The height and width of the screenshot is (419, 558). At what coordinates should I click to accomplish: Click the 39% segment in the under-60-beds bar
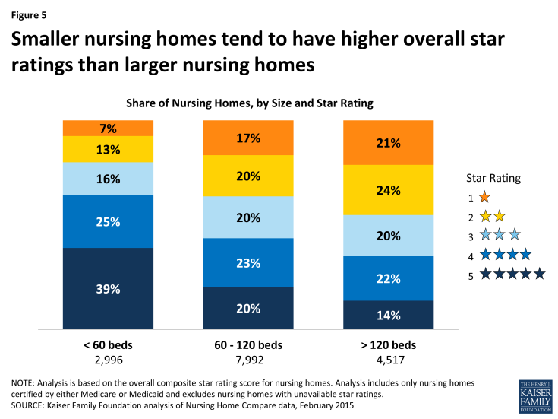pyautogui.click(x=108, y=290)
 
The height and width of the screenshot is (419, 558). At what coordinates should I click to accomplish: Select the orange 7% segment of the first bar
pyautogui.click(x=108, y=128)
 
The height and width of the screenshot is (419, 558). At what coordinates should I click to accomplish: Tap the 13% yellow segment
pyautogui.click(x=108, y=149)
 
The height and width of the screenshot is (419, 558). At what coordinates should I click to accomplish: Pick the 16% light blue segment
pyautogui.click(x=108, y=178)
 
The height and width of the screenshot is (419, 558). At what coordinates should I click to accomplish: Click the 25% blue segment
pyautogui.click(x=108, y=221)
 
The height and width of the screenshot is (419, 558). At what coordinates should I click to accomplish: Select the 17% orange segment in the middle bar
pyautogui.click(x=247, y=138)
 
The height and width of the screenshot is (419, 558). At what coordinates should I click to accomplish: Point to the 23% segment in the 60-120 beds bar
pyautogui.click(x=247, y=262)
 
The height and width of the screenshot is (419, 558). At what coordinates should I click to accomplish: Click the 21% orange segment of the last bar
pyautogui.click(x=388, y=142)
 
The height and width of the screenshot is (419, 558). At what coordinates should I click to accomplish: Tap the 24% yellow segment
pyautogui.click(x=388, y=190)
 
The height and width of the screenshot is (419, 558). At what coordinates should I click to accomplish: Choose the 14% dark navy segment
pyautogui.click(x=388, y=316)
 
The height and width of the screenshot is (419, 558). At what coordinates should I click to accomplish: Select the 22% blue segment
pyautogui.click(x=388, y=278)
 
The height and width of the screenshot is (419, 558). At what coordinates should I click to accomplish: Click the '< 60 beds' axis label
pyautogui.click(x=108, y=344)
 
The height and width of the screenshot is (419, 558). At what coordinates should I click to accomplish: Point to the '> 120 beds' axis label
pyautogui.click(x=388, y=344)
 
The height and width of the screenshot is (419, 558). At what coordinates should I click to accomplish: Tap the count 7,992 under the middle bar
pyautogui.click(x=247, y=359)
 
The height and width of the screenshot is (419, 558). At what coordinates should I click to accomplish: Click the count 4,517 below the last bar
pyautogui.click(x=388, y=359)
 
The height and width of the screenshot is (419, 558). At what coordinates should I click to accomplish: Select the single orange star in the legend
pyautogui.click(x=485, y=198)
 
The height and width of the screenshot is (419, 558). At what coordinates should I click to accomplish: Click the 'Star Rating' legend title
pyautogui.click(x=493, y=178)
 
